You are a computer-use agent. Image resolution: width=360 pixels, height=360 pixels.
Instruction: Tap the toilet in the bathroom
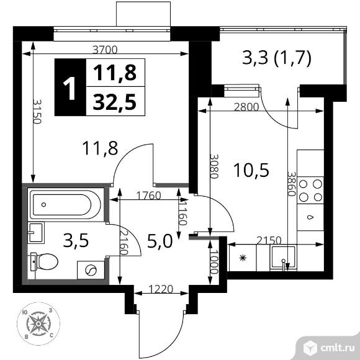click(42, 262)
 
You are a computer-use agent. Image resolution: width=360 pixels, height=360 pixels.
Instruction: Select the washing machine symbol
click(89, 271)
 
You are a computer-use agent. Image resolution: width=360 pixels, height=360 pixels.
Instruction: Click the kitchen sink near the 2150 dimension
click(282, 258)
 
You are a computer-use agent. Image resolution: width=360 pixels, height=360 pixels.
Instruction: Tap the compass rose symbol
click(42, 322)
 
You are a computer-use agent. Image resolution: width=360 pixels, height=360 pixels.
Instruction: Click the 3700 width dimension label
click(104, 50)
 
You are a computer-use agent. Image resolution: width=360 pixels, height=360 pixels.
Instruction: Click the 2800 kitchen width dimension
click(246, 106)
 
